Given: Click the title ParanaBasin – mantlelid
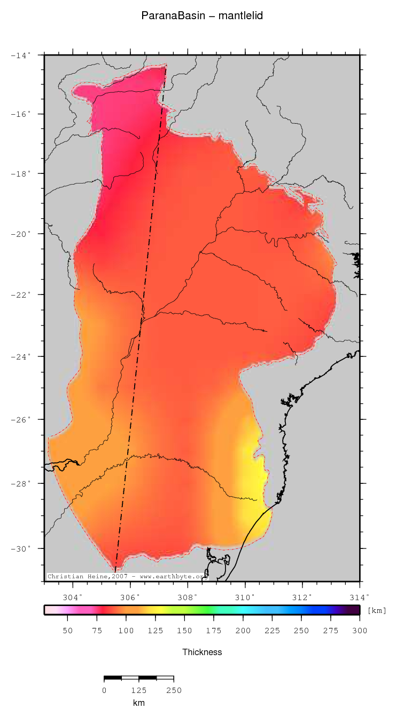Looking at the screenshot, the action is click(x=201, y=16).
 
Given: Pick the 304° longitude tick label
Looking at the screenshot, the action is click(x=73, y=596).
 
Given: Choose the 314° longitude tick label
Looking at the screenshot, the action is click(x=359, y=596).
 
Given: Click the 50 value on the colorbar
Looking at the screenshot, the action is click(x=67, y=631).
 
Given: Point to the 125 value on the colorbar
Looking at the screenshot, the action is click(x=155, y=631).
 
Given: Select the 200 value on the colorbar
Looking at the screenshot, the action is click(x=243, y=631).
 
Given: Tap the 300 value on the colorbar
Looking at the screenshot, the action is click(x=360, y=631).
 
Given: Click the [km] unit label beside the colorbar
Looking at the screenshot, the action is click(x=377, y=610).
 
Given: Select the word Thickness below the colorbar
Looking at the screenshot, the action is click(x=201, y=652).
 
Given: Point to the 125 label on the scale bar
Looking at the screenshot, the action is click(x=138, y=690).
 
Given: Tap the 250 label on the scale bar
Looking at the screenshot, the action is click(x=174, y=690).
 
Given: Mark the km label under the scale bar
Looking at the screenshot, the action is click(x=138, y=703).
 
